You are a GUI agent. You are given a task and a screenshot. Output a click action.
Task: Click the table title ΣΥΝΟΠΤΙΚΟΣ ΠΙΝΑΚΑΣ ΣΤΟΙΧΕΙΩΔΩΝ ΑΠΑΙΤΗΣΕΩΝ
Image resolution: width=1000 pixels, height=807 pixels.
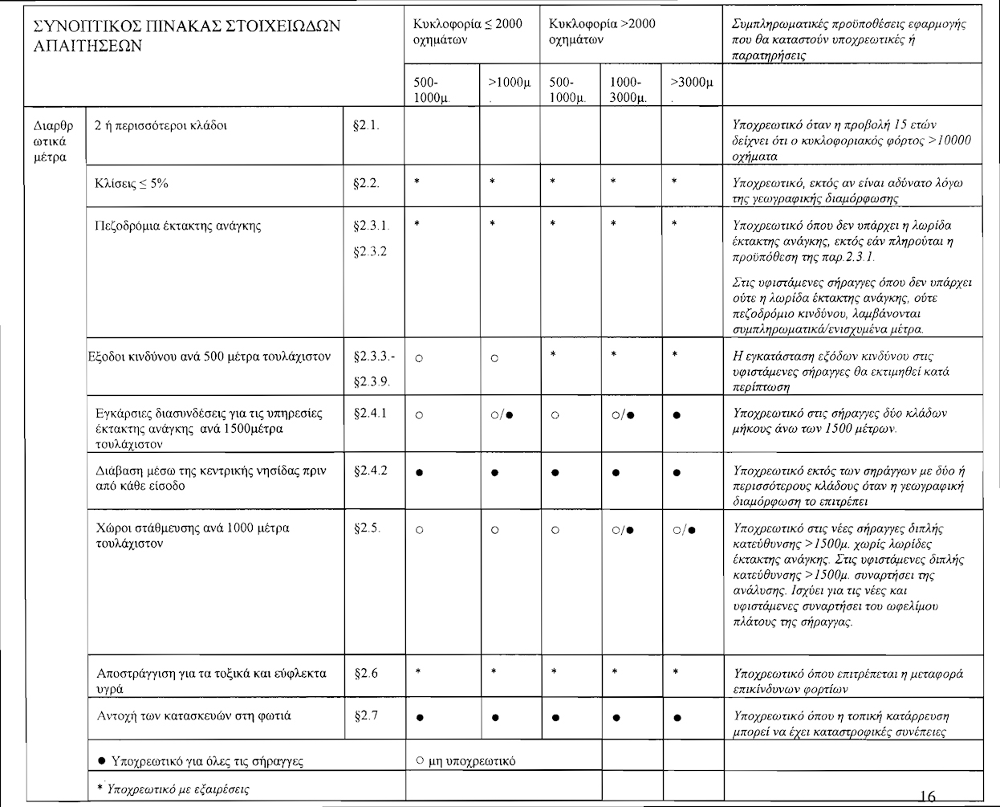[187, 35]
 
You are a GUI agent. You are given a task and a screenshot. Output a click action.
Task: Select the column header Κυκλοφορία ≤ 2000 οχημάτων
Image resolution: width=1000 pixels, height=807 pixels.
[467, 31]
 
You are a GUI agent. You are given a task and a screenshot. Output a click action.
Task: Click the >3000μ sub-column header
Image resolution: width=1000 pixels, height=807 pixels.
[691, 83]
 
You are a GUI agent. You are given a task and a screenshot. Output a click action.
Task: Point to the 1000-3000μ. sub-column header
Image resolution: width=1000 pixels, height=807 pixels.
[626, 89]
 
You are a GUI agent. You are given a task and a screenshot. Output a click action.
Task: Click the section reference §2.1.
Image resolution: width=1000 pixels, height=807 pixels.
[366, 125]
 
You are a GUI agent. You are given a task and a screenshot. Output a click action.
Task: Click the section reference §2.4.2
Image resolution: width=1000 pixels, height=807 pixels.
[371, 471]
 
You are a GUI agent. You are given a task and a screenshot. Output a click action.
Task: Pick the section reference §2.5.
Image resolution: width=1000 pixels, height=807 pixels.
[368, 528]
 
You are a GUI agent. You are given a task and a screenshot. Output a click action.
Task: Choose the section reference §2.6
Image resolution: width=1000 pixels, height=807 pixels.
[366, 673]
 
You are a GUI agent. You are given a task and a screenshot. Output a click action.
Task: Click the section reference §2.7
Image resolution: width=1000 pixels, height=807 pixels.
[366, 715]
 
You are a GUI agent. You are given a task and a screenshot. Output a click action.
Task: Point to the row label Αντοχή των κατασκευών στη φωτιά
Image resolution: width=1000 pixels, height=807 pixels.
[193, 715]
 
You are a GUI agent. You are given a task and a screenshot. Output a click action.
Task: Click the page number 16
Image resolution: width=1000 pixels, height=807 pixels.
[926, 796]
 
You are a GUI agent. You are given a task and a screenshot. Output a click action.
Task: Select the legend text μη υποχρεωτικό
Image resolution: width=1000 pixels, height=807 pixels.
[473, 760]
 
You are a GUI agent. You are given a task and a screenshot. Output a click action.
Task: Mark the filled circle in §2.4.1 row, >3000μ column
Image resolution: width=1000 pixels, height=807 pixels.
[678, 415]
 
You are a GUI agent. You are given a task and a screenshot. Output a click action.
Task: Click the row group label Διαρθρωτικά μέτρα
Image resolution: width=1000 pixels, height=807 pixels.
[54, 141]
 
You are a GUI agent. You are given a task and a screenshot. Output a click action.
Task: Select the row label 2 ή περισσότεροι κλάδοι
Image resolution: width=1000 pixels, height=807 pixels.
[161, 125]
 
